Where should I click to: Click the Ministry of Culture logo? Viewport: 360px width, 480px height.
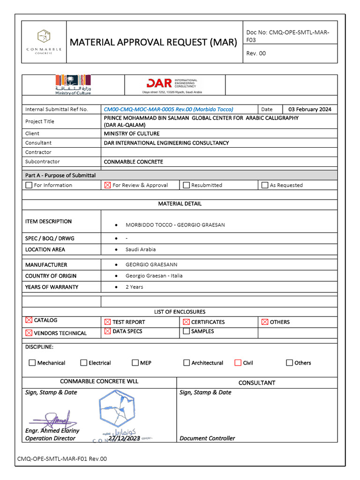73,84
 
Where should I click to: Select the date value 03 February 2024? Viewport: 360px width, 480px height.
309,109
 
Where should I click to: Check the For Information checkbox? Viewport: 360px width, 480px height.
29,185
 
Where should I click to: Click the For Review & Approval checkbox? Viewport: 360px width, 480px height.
107,185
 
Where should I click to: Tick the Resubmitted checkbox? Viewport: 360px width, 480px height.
186,185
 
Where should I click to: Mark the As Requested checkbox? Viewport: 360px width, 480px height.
265,185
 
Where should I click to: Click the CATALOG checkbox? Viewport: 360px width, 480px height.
29,320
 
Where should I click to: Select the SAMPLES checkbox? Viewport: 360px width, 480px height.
186,331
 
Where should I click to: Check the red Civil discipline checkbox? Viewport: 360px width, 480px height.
238,362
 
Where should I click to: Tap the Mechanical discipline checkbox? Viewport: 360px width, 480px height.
32,362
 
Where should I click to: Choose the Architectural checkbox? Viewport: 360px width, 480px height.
187,362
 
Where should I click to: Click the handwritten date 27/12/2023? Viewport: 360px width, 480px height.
124,438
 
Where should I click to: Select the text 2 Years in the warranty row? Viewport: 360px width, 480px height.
134,287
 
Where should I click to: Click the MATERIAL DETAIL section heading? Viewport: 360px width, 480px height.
180,204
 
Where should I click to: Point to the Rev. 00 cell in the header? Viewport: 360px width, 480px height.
256,53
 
